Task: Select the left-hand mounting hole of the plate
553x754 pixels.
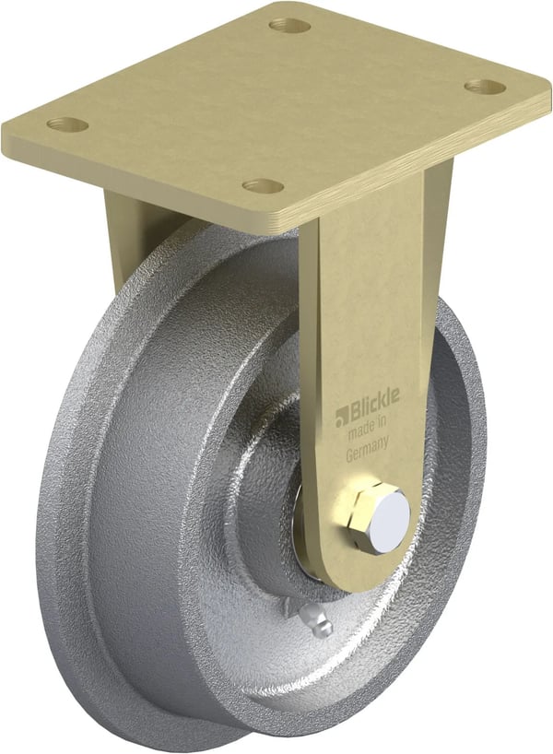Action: [68, 124]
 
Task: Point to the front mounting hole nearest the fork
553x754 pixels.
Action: [264, 185]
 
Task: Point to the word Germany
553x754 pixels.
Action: [368, 453]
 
